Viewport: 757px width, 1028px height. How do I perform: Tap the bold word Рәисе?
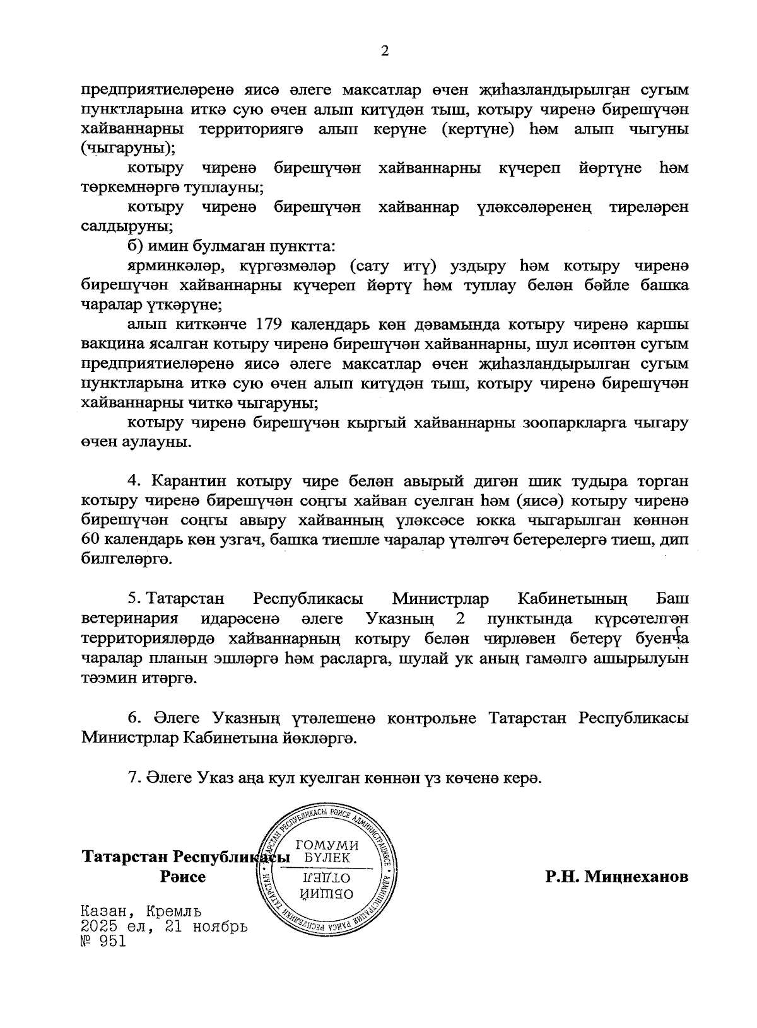coord(183,877)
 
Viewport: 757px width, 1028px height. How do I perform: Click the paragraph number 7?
coord(132,778)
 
